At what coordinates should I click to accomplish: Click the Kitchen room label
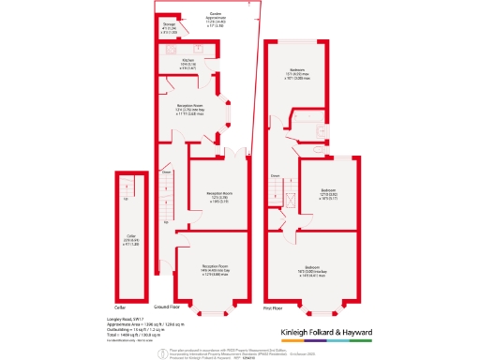pyautogui.click(x=188, y=64)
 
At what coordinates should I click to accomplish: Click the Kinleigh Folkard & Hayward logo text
pyautogui.click(x=328, y=333)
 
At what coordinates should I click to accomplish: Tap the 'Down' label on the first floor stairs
pyautogui.click(x=276, y=175)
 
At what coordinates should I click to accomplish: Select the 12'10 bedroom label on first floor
pyautogui.click(x=328, y=193)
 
